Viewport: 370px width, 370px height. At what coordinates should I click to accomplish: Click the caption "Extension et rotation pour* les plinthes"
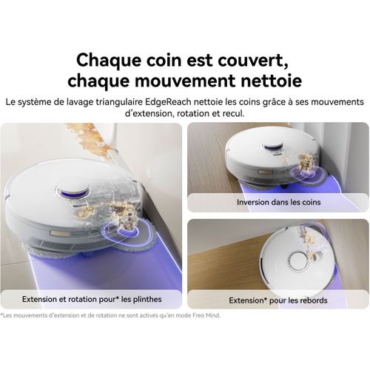[92, 299]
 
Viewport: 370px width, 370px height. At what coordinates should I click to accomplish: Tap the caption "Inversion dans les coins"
[277, 202]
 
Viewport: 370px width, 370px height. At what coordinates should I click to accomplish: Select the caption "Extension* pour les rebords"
[277, 300]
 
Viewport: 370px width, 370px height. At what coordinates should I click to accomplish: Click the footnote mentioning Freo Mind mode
[111, 315]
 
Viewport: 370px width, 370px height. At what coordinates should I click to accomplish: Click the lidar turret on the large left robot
[73, 189]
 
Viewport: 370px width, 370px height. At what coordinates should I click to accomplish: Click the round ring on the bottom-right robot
[298, 260]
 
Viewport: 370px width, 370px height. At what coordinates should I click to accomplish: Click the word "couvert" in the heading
[258, 58]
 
